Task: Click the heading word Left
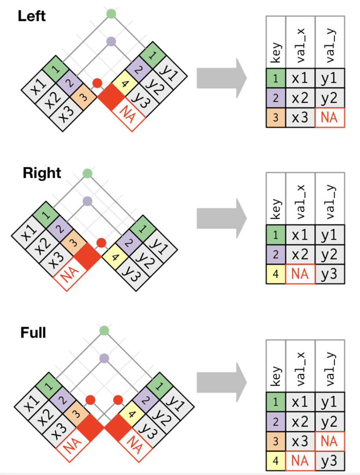click(x=32, y=17)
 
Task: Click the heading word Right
click(x=42, y=173)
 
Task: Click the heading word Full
click(x=33, y=332)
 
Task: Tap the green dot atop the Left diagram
click(x=111, y=14)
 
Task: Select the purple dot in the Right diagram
click(x=88, y=201)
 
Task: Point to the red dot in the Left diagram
click(x=97, y=83)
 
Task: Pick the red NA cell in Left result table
click(x=329, y=117)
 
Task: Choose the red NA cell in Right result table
click(x=300, y=274)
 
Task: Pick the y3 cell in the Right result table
click(x=329, y=274)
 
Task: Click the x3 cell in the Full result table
click(x=300, y=441)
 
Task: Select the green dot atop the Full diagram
click(x=104, y=331)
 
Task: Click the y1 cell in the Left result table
click(x=329, y=79)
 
